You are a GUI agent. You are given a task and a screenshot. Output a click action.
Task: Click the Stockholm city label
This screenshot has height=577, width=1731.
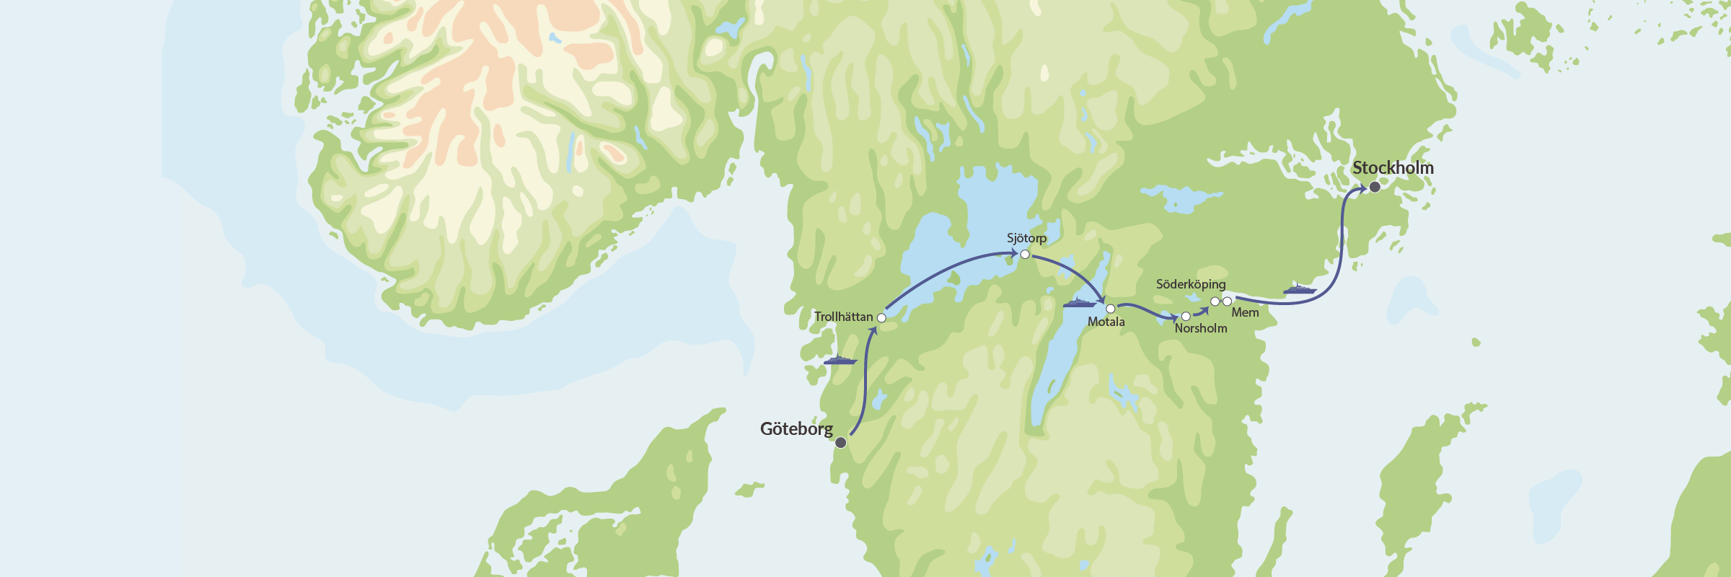coord(1392,168)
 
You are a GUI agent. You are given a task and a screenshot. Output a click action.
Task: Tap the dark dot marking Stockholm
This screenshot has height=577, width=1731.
coord(1375,187)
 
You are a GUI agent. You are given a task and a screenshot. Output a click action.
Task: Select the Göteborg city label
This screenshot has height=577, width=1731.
coord(796,429)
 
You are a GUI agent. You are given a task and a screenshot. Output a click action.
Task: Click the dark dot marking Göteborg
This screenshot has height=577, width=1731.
coord(840,443)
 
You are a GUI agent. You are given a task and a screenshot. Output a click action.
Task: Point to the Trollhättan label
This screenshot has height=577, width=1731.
coord(843,317)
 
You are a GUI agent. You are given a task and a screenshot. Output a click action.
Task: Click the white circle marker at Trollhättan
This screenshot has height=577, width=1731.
coord(881,317)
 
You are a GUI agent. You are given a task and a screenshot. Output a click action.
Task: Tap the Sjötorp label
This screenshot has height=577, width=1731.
coord(1026,238)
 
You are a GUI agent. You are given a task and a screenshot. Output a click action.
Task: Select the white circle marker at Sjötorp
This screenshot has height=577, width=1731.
coord(1025,254)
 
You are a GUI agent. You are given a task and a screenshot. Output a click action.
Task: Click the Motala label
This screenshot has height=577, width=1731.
coord(1106,322)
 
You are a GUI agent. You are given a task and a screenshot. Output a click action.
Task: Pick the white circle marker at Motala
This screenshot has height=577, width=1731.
coord(1111,309)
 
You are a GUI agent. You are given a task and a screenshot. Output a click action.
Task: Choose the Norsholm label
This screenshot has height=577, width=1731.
coord(1200,328)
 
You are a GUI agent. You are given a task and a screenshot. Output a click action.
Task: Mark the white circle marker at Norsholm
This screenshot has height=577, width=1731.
coord(1186,316)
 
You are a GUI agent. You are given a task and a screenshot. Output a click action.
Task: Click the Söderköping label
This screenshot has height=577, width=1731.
coord(1191,284)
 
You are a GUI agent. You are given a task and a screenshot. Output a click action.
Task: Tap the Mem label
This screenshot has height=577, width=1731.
coord(1245,312)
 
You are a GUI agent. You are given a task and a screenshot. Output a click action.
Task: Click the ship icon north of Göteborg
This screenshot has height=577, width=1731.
coord(840,360)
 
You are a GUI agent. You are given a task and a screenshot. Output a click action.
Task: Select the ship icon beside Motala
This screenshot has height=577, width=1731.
coord(1079,303)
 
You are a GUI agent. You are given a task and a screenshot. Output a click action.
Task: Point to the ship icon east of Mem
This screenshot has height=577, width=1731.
coord(1300,290)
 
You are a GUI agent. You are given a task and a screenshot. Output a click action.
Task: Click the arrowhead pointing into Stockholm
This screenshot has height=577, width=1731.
coord(1362,189)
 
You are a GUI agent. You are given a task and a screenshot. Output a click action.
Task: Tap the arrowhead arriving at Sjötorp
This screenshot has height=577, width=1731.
coord(1013,253)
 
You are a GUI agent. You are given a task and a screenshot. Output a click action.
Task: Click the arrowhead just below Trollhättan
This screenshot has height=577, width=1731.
coord(873,331)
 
